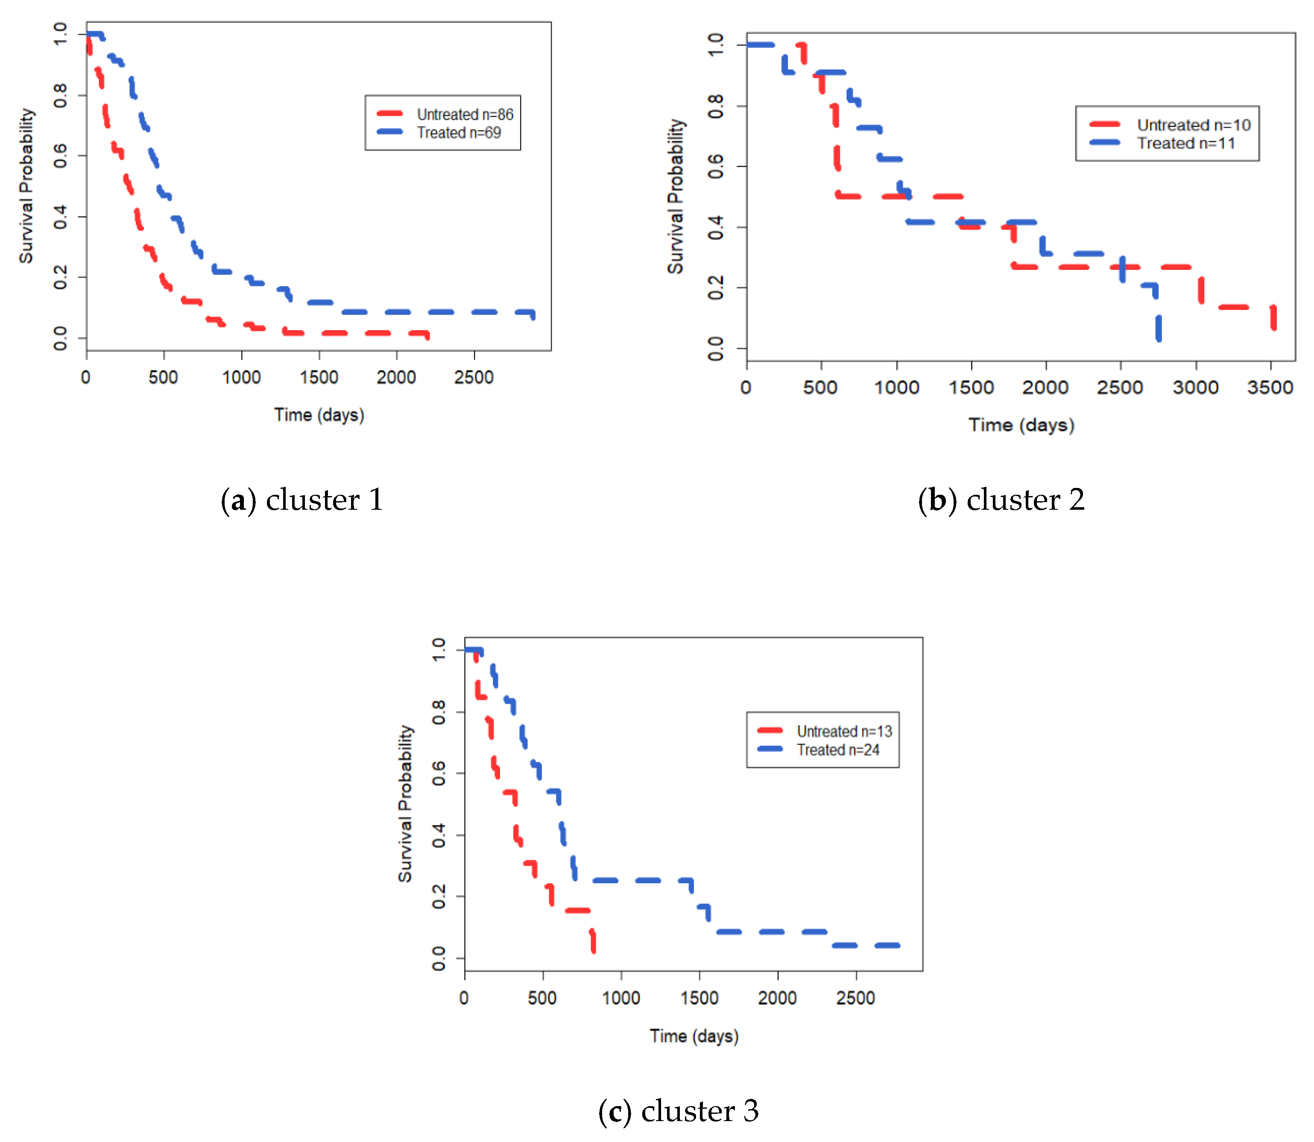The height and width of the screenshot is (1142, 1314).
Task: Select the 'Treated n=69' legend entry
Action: point(458,132)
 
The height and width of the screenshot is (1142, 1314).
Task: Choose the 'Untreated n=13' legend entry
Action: point(843,732)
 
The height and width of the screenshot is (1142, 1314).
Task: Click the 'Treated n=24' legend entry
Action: point(837,750)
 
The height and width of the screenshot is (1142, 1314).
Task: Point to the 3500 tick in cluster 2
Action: point(1269,388)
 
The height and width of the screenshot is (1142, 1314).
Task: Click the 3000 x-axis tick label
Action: point(1195,388)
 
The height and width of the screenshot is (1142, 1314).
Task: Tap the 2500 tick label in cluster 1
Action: point(473,377)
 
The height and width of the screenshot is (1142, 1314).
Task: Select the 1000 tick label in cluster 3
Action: point(620,998)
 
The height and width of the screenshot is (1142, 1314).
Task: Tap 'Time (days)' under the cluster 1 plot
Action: point(319,415)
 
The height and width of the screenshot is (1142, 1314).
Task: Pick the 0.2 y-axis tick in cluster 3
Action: point(439,897)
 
